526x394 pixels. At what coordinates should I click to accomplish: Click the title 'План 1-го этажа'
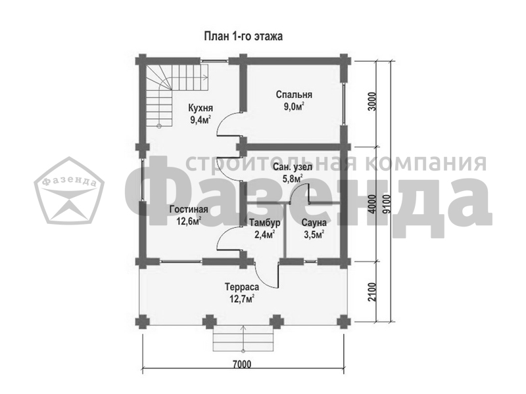click(x=243, y=36)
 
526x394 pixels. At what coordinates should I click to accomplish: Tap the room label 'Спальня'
click(x=294, y=95)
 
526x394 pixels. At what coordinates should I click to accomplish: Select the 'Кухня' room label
click(x=201, y=108)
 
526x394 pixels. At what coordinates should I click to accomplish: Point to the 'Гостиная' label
click(x=189, y=209)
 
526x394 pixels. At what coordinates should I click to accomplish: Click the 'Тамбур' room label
click(x=265, y=223)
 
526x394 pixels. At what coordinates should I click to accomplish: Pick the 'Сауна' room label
click(x=314, y=223)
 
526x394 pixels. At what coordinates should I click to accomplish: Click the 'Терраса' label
click(x=242, y=287)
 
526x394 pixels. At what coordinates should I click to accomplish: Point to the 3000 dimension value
click(x=371, y=102)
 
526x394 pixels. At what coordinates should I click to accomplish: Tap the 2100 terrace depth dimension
click(x=371, y=292)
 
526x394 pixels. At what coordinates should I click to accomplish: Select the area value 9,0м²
click(x=294, y=107)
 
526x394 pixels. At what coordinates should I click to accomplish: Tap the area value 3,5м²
click(x=314, y=234)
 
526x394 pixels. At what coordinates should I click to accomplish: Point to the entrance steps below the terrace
click(x=243, y=338)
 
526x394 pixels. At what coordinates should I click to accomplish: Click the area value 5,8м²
click(x=293, y=179)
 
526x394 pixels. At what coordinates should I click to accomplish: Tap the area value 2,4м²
click(x=265, y=234)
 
